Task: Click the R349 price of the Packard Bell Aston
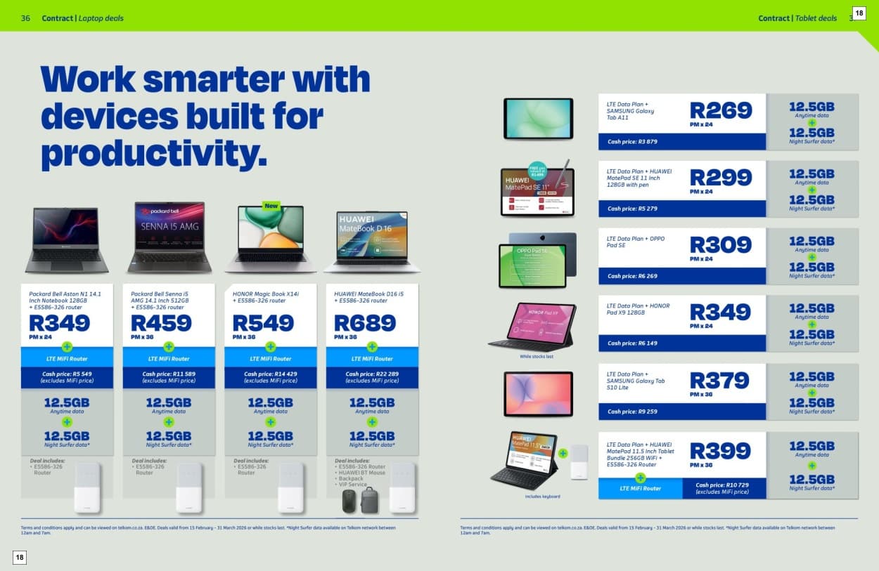point(60,323)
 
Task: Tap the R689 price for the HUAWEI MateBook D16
point(365,323)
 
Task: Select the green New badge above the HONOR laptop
point(271,206)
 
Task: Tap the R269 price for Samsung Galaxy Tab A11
point(721,111)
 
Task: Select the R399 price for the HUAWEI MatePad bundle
point(721,451)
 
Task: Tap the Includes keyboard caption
point(543,497)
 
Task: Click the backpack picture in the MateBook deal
point(369,500)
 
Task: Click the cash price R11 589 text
point(169,374)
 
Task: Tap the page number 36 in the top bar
point(25,18)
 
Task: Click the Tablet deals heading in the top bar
point(816,18)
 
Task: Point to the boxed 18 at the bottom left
point(20,557)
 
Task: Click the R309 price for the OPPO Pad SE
point(721,245)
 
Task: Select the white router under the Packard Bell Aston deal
point(87,486)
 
